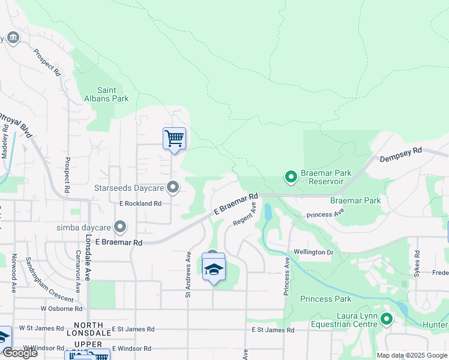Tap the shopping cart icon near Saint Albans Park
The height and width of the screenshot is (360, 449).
tap(174, 139)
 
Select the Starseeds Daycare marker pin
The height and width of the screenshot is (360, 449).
tap(173, 188)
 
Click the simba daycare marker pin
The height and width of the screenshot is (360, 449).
tap(120, 227)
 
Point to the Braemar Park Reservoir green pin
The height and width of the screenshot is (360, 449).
tap(291, 176)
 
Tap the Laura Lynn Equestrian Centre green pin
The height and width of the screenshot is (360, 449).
tap(386, 319)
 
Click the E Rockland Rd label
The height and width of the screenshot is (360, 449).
tap(140, 203)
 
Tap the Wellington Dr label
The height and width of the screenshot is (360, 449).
tap(313, 252)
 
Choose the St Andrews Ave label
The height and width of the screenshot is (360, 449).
tap(188, 274)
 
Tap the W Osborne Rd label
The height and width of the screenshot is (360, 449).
tap(61, 308)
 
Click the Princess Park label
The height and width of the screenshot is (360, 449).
tap(325, 299)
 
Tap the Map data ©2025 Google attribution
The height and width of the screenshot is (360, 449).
tap(412, 355)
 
